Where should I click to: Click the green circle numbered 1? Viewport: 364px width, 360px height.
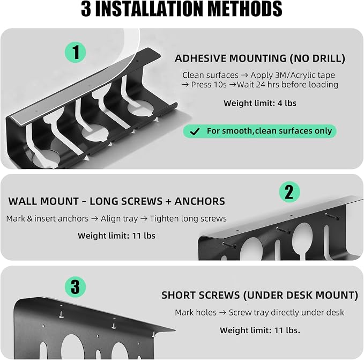coord(75,52)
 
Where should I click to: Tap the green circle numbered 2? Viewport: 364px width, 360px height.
coord(289,192)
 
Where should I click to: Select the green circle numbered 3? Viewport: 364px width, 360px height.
coord(75,287)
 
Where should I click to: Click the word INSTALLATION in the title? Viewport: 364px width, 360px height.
coord(150,9)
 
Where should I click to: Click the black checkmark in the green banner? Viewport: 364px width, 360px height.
coord(195,131)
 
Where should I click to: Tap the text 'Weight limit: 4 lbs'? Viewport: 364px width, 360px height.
coord(260,103)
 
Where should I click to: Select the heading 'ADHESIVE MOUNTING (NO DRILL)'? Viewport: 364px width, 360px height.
coord(260,58)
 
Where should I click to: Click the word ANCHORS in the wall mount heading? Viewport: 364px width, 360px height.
coord(199,201)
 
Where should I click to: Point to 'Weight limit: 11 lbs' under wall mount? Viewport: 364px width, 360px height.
coord(116,236)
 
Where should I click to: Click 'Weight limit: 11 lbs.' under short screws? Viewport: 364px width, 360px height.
coord(260,330)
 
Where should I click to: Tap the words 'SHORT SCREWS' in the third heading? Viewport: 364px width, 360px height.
coord(200,295)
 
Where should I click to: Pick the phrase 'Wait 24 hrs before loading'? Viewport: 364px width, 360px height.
coord(287,85)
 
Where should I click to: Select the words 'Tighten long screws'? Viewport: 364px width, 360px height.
coord(188,218)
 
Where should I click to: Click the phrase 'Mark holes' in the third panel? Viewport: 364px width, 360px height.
coord(196,312)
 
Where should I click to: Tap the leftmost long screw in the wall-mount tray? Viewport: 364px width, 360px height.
coord(229,245)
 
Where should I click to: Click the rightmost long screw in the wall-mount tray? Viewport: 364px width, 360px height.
coord(332,216)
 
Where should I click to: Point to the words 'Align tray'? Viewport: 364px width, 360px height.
coord(120,219)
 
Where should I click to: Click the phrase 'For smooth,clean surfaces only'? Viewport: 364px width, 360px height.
coord(269,131)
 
